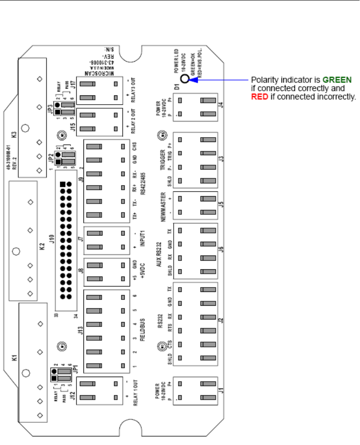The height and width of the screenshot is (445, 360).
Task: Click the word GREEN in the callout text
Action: (337, 80)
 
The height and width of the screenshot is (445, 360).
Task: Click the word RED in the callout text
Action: (259, 96)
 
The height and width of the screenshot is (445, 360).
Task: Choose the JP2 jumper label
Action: (51, 156)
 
